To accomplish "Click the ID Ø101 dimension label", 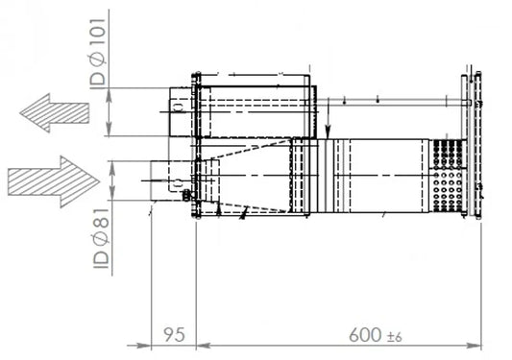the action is (x=98, y=53).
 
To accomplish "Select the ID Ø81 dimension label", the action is (x=101, y=238).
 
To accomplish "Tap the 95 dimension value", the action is (x=174, y=334).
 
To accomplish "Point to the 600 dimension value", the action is (x=365, y=335).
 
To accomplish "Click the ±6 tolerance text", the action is (x=394, y=337).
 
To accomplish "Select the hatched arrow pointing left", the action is (x=55, y=113).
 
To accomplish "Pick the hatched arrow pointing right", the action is (x=54, y=181).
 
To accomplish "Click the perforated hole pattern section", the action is (x=448, y=176).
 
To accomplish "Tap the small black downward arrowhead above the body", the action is (x=328, y=132).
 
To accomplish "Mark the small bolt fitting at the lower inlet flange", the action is (x=186, y=195).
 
